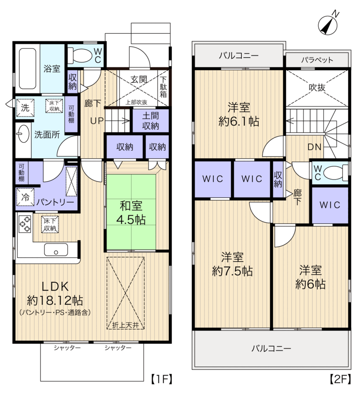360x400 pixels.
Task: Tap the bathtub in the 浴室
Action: [x=27, y=68]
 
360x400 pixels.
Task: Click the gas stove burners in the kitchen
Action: [x=25, y=224]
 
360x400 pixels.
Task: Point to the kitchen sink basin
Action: [x=56, y=249]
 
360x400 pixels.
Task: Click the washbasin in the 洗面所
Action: [x=23, y=133]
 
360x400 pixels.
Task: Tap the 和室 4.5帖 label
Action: [x=131, y=213]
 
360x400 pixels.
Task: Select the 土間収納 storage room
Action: [x=151, y=120]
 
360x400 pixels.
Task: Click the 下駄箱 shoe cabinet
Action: [x=163, y=87]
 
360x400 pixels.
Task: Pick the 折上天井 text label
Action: [x=125, y=325]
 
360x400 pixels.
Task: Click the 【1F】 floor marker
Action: [x=161, y=379]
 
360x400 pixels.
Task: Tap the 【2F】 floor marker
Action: [x=340, y=379]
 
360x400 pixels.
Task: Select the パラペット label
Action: [x=317, y=60]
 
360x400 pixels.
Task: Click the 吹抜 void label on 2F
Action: [x=317, y=88]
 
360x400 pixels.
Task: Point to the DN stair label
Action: [x=314, y=147]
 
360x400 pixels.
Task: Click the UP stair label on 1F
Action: [x=97, y=120]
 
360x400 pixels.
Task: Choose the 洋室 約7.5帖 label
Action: [x=232, y=264]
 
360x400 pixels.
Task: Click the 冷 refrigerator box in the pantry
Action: [x=25, y=197]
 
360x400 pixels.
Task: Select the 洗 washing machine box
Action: [x=25, y=108]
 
